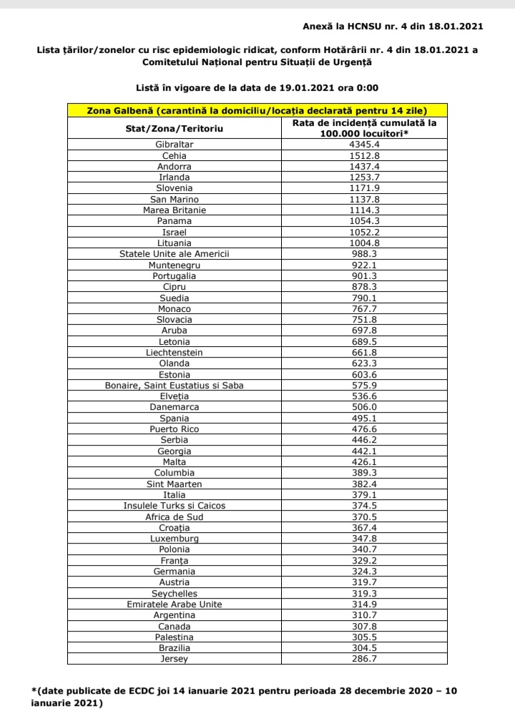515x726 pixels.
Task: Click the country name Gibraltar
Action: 175,144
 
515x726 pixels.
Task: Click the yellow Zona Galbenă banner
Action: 257,111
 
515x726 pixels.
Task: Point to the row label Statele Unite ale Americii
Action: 175,253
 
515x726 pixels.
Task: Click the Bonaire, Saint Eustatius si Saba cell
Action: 175,385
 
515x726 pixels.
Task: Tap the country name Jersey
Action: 175,659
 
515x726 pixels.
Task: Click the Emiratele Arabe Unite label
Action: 175,604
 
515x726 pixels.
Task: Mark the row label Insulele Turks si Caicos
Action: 175,505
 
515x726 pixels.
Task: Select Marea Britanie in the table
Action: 175,210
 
